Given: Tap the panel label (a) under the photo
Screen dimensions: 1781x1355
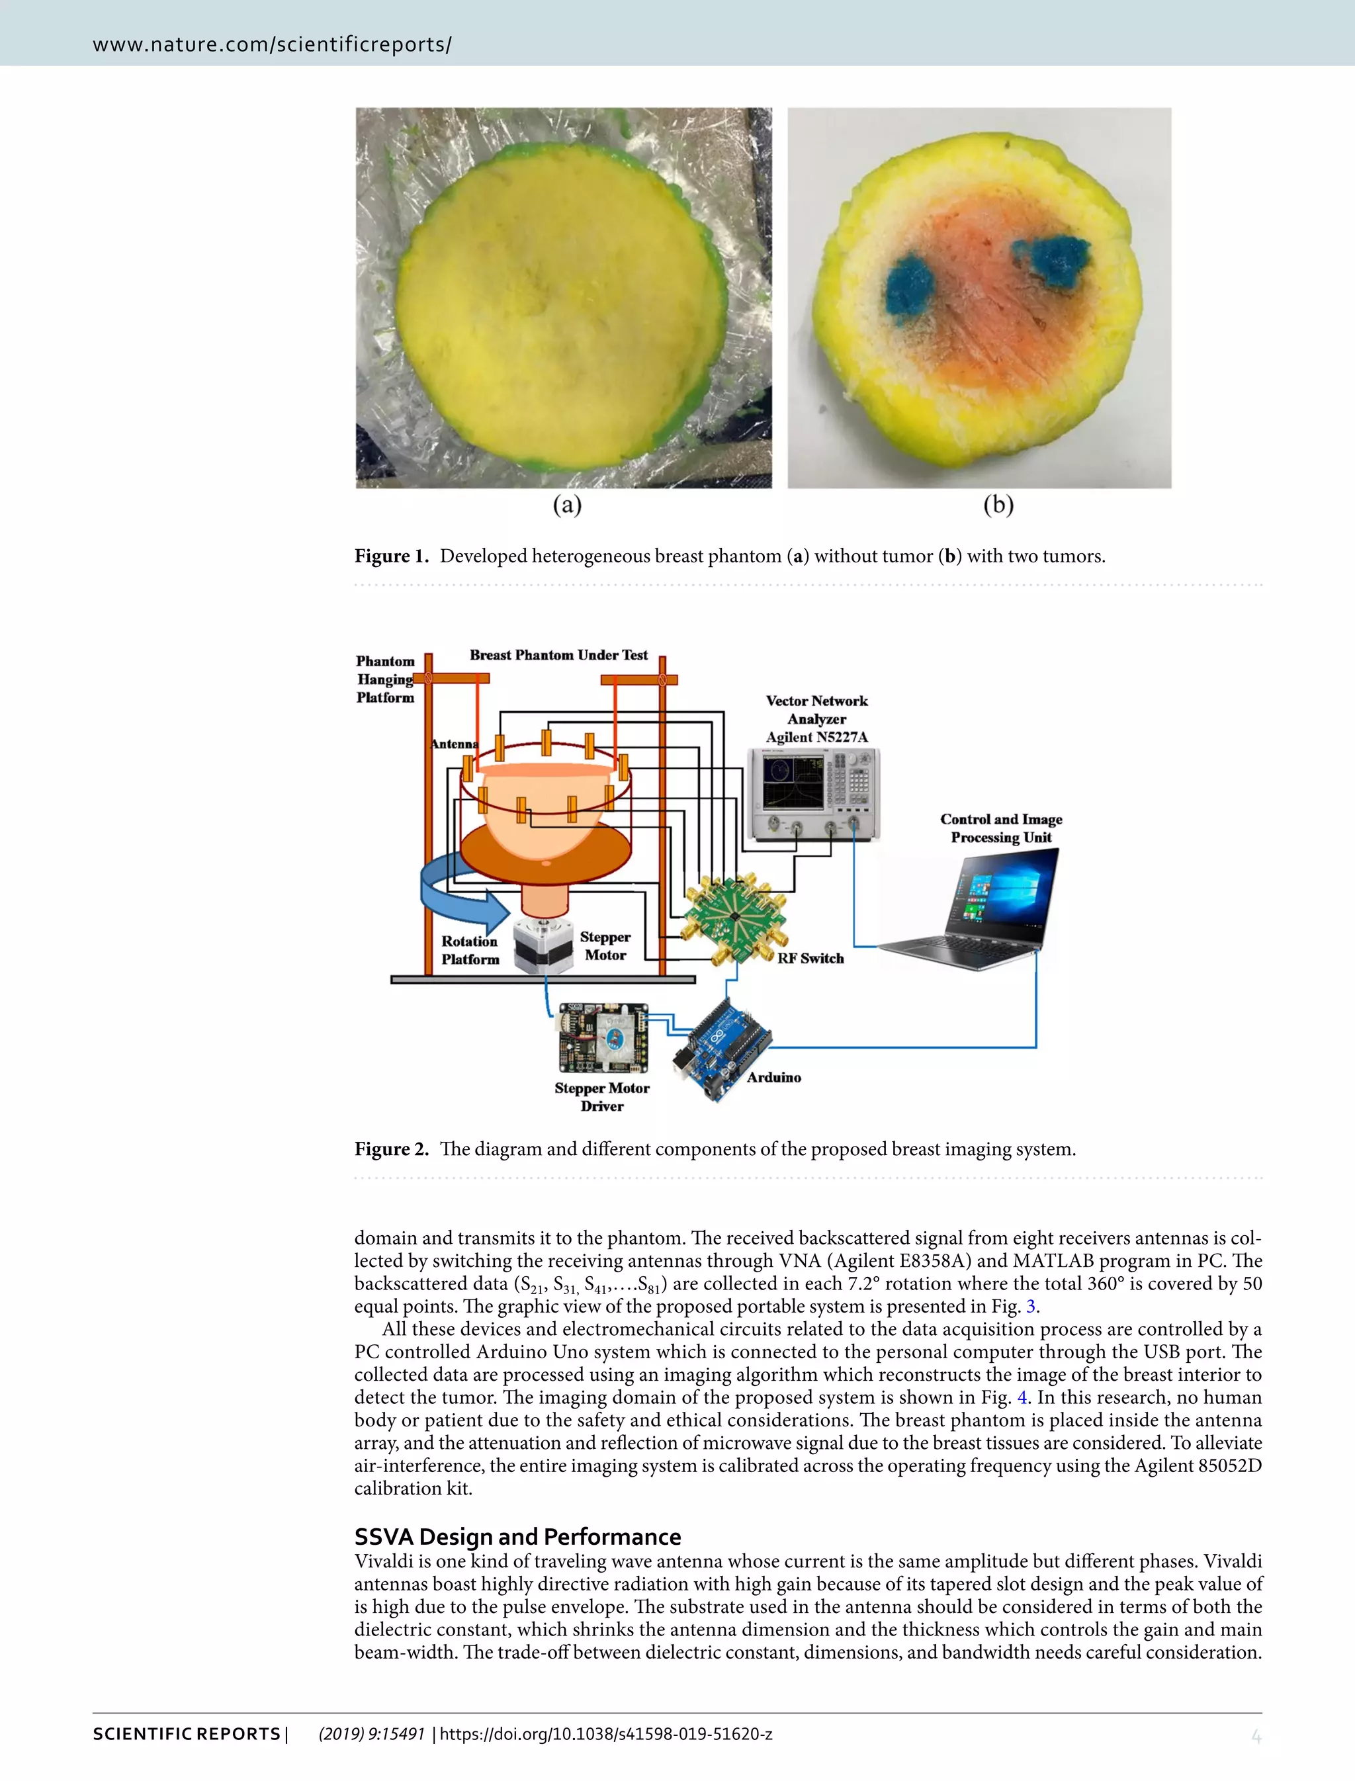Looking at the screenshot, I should click(x=567, y=505).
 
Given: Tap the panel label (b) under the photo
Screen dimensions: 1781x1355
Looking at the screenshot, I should click(x=998, y=505).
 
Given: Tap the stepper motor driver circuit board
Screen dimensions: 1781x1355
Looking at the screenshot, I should click(x=603, y=1039).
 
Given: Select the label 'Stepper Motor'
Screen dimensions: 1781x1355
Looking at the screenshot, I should click(x=605, y=946).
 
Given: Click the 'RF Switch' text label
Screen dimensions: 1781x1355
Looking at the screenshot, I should click(x=810, y=958).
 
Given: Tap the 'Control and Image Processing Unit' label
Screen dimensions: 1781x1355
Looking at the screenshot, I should click(x=1001, y=828).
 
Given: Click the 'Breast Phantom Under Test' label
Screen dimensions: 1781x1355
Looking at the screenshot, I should click(x=558, y=655).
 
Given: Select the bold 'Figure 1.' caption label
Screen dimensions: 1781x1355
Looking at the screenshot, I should click(x=391, y=556).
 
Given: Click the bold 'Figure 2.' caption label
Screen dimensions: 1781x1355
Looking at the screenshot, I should click(x=391, y=1149).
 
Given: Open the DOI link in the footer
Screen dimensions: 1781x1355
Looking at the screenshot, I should click(x=605, y=1733).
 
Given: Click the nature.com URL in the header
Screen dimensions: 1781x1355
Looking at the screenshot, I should click(x=272, y=44).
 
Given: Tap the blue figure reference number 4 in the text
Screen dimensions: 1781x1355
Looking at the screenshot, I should click(x=1022, y=1397).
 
